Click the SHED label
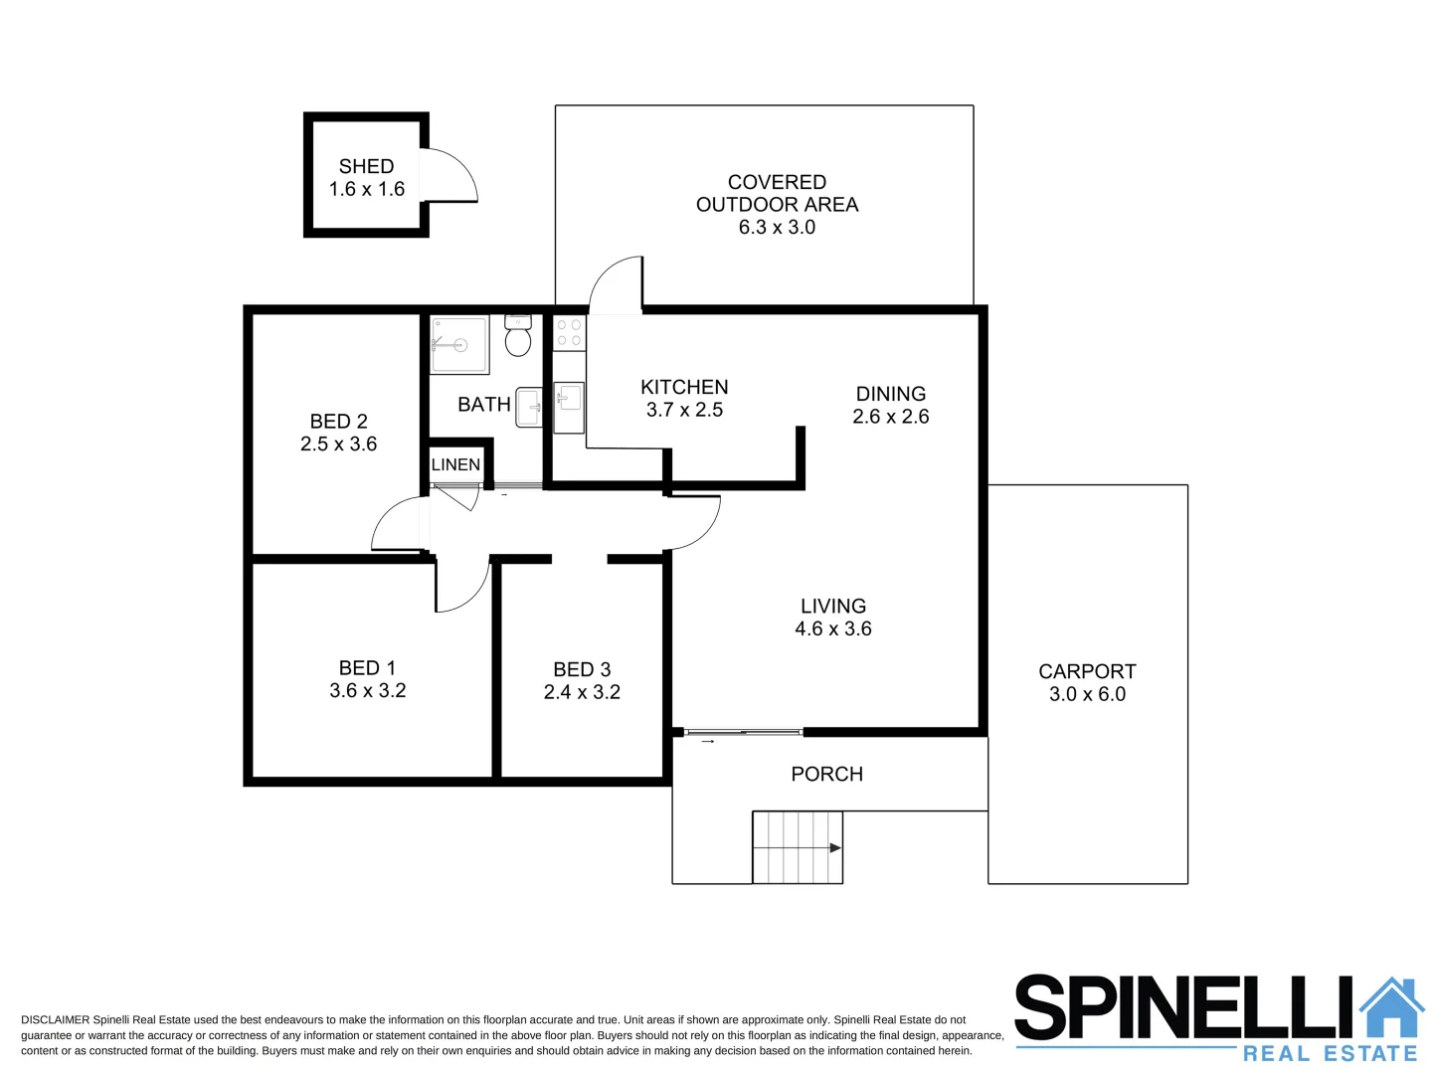click(x=366, y=166)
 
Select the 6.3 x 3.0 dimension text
click(x=777, y=228)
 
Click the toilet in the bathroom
click(x=517, y=338)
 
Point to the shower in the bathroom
click(x=458, y=345)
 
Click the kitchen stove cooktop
click(x=569, y=333)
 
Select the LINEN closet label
click(x=455, y=464)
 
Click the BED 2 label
click(x=338, y=422)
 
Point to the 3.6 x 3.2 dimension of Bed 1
click(x=367, y=691)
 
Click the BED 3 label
click(x=582, y=669)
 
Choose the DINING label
click(x=890, y=394)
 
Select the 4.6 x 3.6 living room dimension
click(x=832, y=628)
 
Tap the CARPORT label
click(x=1087, y=671)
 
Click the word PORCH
click(x=826, y=774)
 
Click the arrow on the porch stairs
click(x=833, y=848)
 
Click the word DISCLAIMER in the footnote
click(x=55, y=1020)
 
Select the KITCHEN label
click(x=684, y=387)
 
